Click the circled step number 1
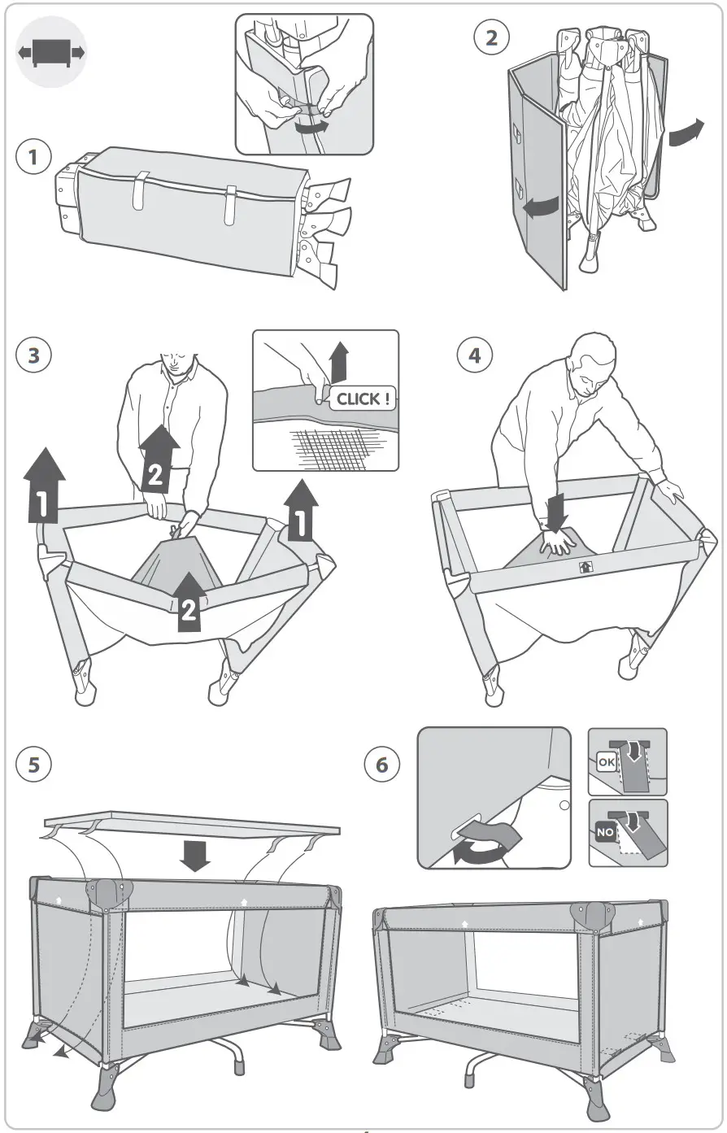[33, 157]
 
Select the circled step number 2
[491, 38]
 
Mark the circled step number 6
[382, 765]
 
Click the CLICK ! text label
[363, 399]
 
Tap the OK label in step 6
[607, 762]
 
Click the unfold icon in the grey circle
[51, 52]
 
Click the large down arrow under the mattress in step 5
[194, 855]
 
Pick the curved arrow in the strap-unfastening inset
[311, 127]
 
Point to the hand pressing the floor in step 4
[557, 541]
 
